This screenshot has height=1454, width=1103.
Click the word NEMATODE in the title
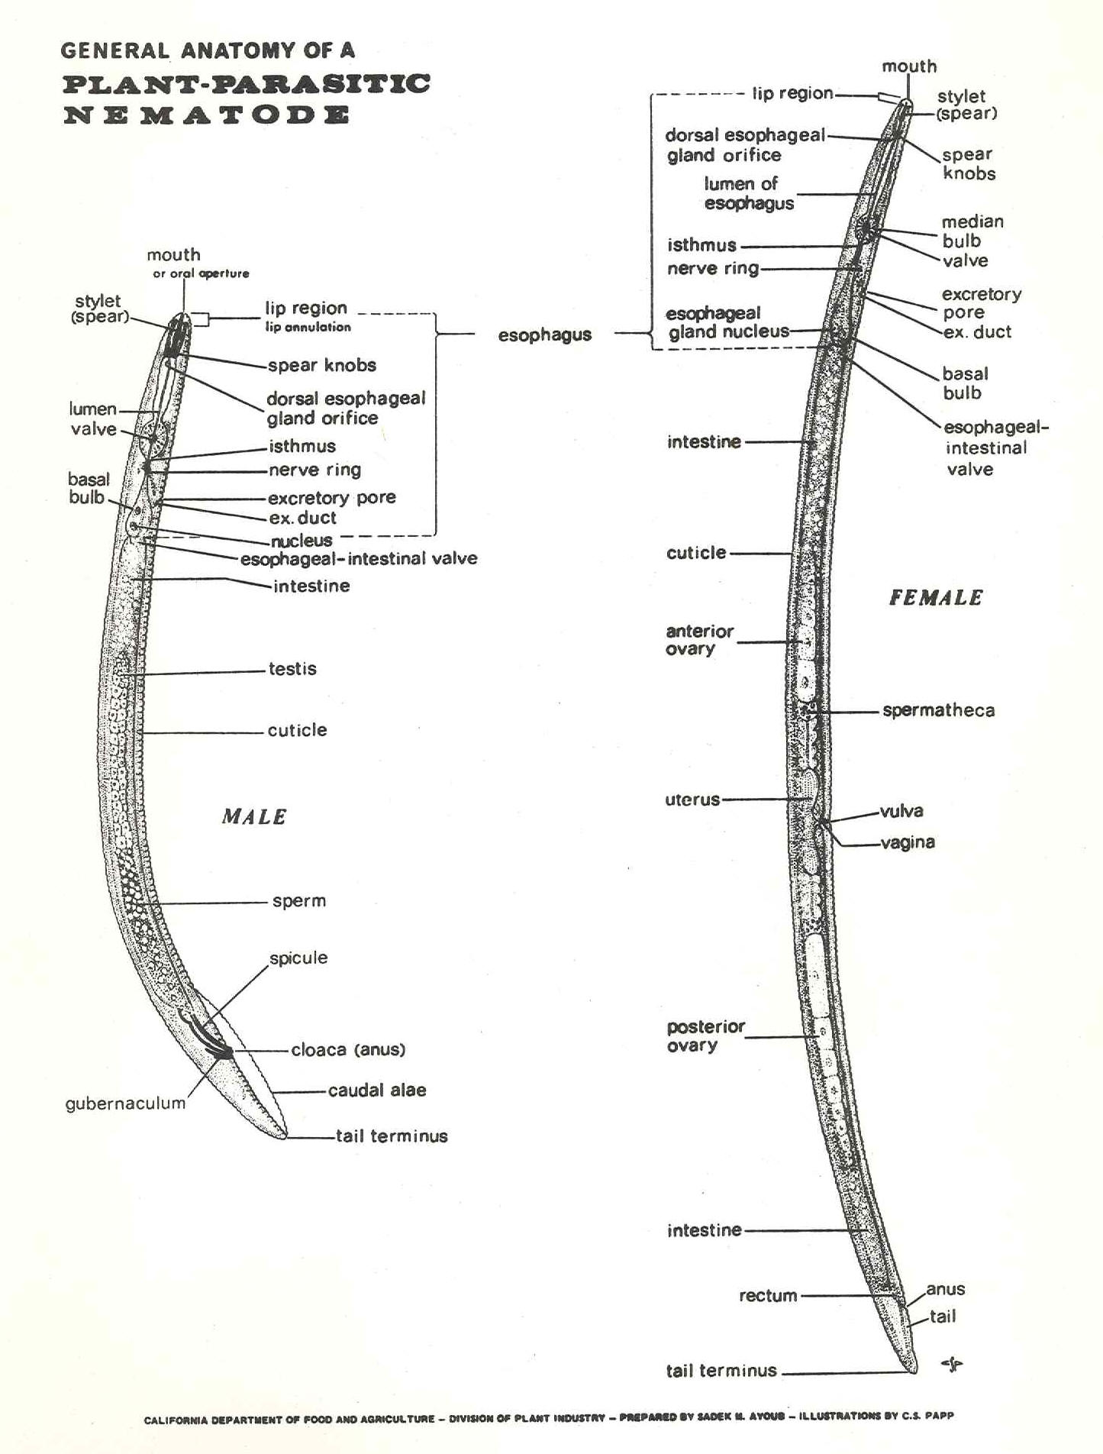coord(206,116)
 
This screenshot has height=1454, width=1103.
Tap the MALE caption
coord(254,817)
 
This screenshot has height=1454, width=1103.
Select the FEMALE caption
coord(936,598)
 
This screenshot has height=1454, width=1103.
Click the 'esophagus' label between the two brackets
coord(544,334)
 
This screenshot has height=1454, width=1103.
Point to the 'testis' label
coord(292,669)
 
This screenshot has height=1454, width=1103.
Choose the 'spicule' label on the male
coord(298,958)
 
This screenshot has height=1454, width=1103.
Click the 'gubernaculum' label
coord(125,1103)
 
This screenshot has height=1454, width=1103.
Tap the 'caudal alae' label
coord(377,1090)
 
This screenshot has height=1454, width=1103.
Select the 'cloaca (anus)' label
coord(348,1050)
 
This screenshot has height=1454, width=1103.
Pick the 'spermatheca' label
coord(938,710)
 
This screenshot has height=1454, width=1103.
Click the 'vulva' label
coord(901,811)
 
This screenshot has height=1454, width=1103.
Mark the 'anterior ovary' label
coord(699,640)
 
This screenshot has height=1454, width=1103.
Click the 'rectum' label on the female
coord(768,1295)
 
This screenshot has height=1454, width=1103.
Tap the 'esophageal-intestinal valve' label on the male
coord(359,559)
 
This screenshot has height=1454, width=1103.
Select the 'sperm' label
coord(299,901)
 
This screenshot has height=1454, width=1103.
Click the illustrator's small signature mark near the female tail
coord(952,1364)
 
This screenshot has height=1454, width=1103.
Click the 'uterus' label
coord(692,800)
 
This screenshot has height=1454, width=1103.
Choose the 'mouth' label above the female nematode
coord(909,66)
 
